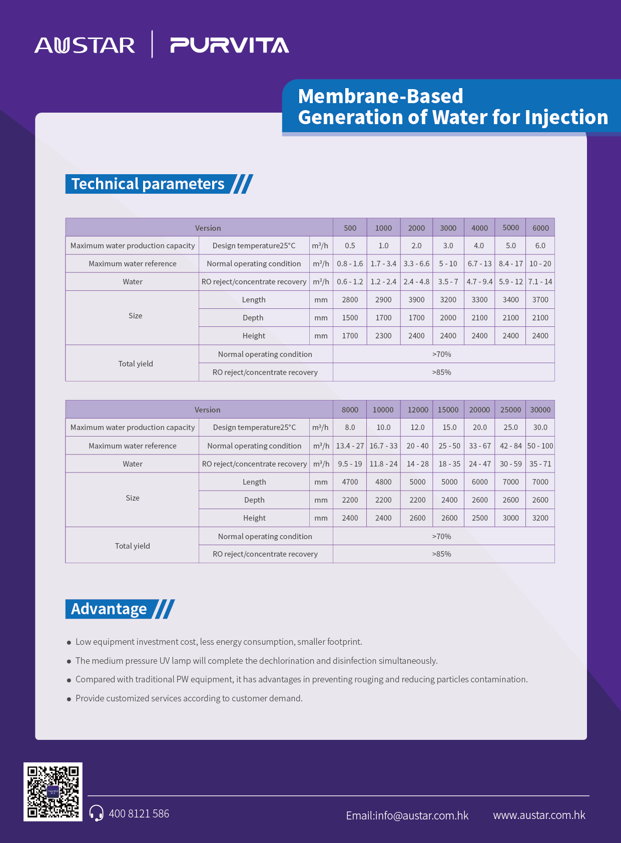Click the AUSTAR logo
pyautogui.click(x=85, y=46)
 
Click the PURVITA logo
pyautogui.click(x=230, y=46)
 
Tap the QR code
pyautogui.click(x=53, y=791)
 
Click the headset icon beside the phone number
pyautogui.click(x=96, y=813)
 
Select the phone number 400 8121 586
pyautogui.click(x=139, y=813)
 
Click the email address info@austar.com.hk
pyautogui.click(x=407, y=815)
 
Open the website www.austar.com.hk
pyautogui.click(x=539, y=815)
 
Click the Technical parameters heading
pyautogui.click(x=148, y=184)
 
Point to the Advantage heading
pyautogui.click(x=109, y=609)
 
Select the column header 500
pyautogui.click(x=350, y=228)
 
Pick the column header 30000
pyautogui.click(x=540, y=409)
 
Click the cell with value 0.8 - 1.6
pyautogui.click(x=350, y=264)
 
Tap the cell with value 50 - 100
pyautogui.click(x=540, y=446)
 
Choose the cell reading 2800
pyautogui.click(x=350, y=300)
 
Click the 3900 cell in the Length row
pyautogui.click(x=416, y=300)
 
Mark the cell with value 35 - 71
pyautogui.click(x=540, y=464)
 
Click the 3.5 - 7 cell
pyautogui.click(x=448, y=282)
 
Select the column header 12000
pyautogui.click(x=417, y=409)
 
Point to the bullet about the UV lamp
pyautogui.click(x=256, y=661)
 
